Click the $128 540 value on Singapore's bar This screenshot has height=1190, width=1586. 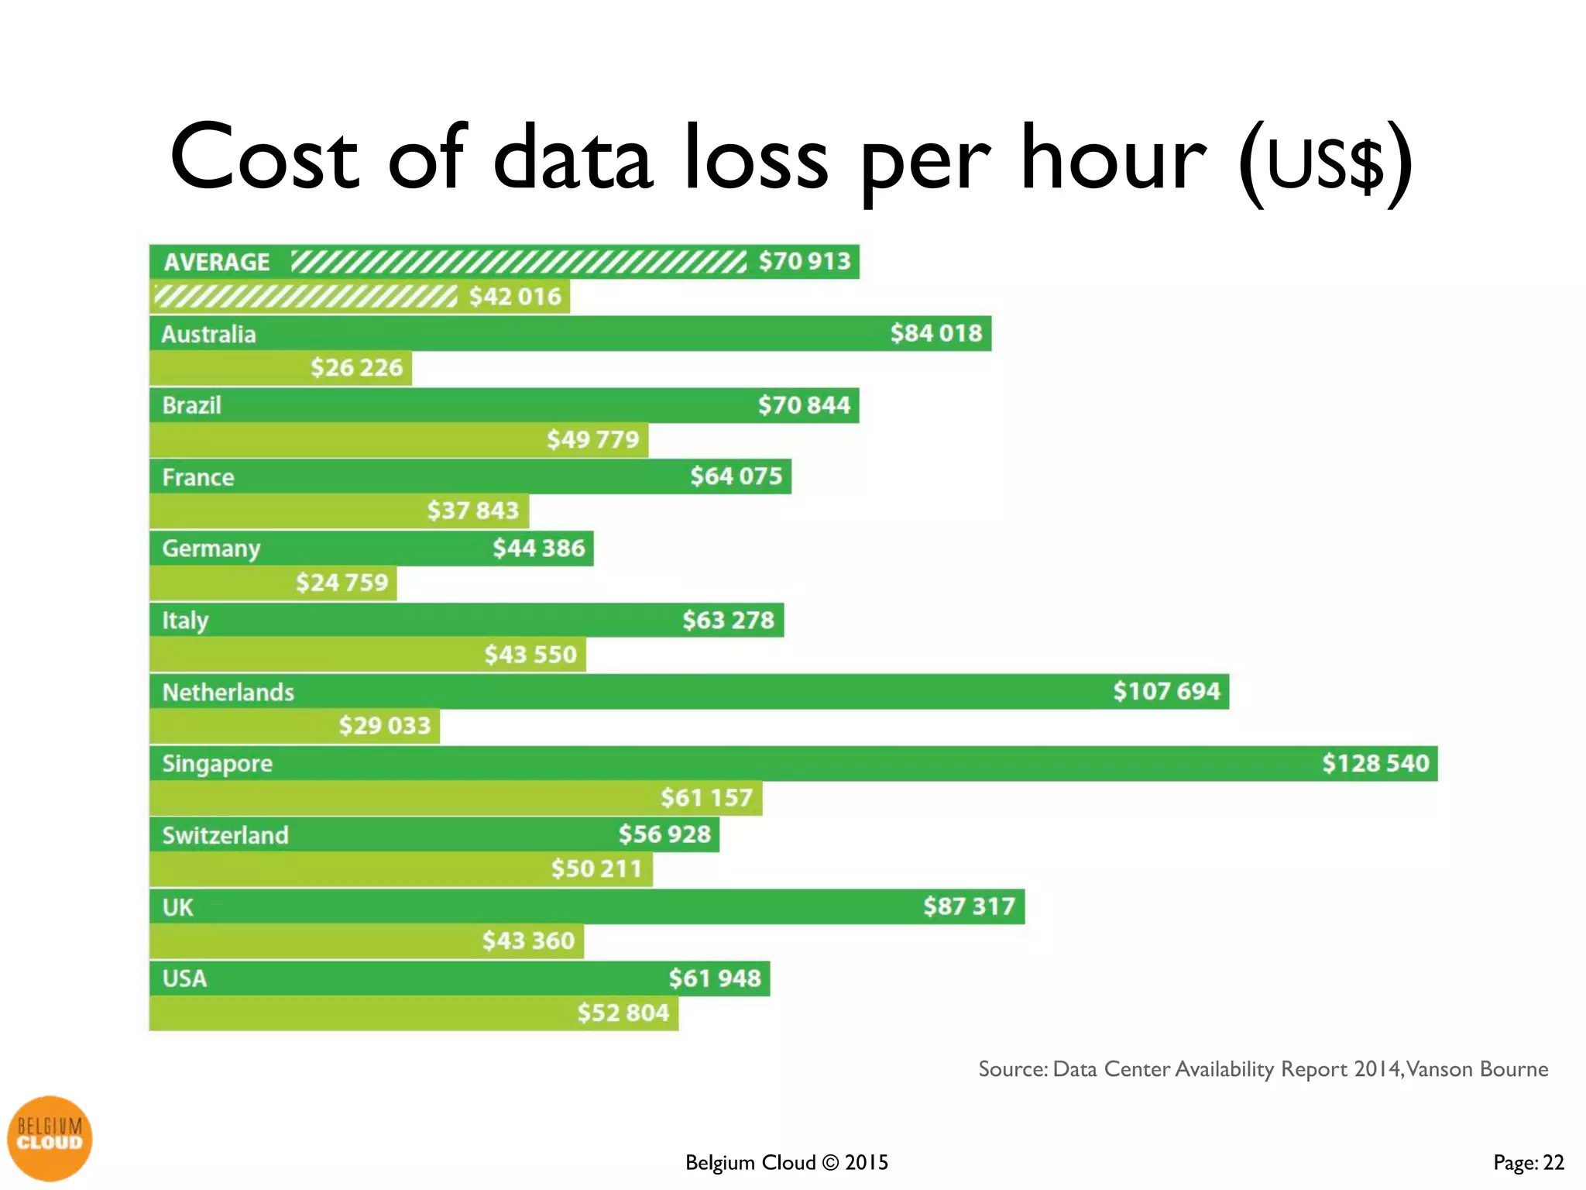[1375, 763]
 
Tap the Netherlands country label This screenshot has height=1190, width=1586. [228, 692]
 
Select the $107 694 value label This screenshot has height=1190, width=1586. [1166, 691]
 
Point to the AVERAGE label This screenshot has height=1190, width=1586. [217, 262]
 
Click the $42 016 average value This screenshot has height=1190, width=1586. [515, 297]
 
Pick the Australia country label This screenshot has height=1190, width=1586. [208, 334]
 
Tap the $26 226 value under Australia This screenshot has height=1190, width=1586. [356, 367]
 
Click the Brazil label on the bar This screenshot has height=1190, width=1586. [191, 405]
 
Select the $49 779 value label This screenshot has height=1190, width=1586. [592, 439]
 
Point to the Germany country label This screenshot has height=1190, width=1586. [211, 549]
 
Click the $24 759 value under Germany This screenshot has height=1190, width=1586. [342, 582]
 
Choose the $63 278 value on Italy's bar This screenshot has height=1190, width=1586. [728, 620]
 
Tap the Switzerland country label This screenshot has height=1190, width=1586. [225, 835]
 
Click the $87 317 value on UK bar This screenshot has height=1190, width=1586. [969, 906]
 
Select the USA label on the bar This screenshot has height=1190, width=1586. [184, 978]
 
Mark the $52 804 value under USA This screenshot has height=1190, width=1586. [623, 1013]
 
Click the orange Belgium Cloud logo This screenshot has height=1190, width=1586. [50, 1137]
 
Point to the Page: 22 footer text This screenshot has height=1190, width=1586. [1528, 1162]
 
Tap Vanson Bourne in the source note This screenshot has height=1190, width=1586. [1477, 1069]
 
